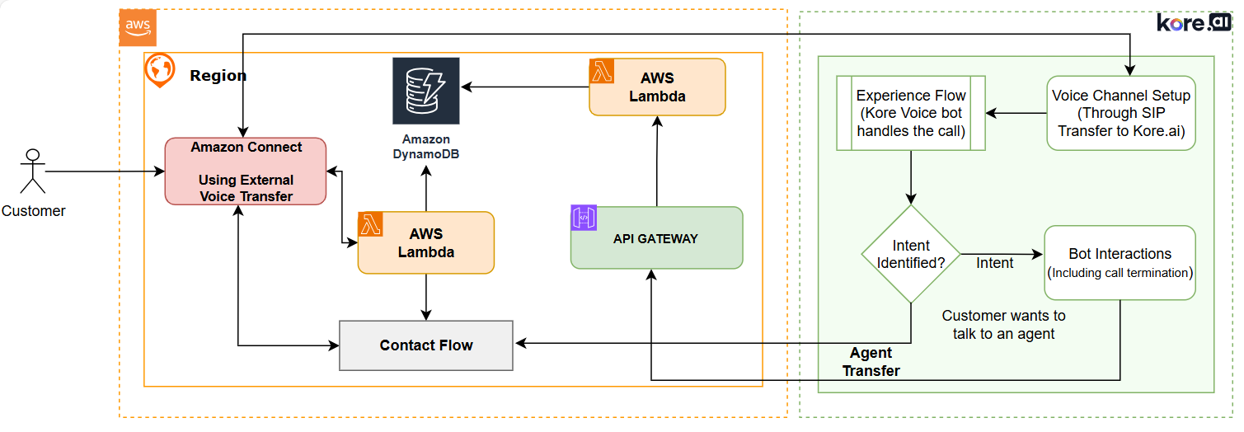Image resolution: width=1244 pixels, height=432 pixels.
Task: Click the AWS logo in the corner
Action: (x=138, y=27)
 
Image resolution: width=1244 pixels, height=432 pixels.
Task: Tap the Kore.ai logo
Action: (x=1193, y=23)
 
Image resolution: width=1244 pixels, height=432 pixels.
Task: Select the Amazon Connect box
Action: (x=246, y=171)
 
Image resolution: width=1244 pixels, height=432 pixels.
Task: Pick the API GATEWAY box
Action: (x=656, y=238)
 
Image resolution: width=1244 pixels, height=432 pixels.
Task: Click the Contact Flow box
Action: (x=426, y=345)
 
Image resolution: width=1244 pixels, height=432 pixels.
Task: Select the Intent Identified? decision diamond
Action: (x=911, y=254)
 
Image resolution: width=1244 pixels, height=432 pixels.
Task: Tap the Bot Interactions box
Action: (x=1120, y=262)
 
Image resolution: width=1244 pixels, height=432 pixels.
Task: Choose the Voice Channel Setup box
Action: (x=1121, y=113)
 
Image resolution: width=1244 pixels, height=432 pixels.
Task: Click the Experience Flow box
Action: (x=911, y=113)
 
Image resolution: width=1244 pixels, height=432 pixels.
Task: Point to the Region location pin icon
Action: (x=159, y=70)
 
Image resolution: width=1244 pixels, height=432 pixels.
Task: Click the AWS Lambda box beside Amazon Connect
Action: (x=426, y=243)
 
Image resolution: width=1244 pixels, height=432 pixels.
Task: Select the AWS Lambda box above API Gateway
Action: (x=657, y=87)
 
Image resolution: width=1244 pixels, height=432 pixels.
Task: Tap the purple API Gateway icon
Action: (x=584, y=218)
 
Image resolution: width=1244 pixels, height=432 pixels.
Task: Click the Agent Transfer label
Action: (x=871, y=362)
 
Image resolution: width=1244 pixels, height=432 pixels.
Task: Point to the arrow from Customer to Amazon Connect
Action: (x=103, y=171)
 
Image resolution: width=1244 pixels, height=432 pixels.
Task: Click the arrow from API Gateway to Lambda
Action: (x=657, y=161)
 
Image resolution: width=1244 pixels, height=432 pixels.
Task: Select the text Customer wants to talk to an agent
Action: (x=1003, y=325)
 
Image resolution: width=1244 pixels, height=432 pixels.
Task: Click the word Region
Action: (x=218, y=76)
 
